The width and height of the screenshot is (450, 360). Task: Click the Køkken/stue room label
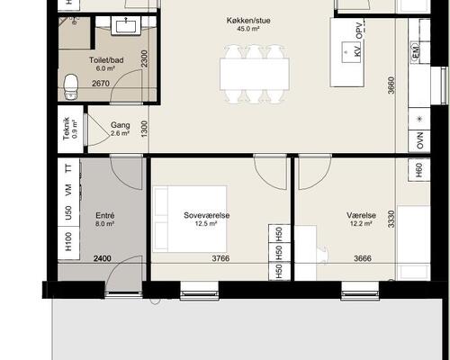tap(248, 21)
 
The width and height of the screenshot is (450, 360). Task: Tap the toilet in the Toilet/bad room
tap(71, 87)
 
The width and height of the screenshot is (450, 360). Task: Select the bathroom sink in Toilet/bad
tap(126, 25)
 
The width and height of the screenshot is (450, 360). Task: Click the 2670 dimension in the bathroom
tap(101, 83)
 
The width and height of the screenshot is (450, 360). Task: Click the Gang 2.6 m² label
tap(121, 129)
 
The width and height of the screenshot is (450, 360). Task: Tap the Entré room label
tap(105, 215)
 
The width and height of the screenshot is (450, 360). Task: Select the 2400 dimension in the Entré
tap(103, 258)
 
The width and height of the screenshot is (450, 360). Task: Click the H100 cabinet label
tap(68, 241)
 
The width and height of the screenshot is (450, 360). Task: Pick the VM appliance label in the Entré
tap(68, 190)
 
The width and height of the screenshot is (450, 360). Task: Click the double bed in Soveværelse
tap(190, 219)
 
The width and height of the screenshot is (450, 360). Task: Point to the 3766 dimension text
tap(220, 258)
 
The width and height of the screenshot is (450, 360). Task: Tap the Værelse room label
tap(361, 215)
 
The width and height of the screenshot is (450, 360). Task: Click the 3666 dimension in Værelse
tap(363, 258)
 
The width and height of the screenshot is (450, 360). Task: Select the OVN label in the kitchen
tap(420, 140)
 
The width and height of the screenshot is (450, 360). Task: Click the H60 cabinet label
tap(419, 170)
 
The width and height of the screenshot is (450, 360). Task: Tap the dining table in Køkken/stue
tap(255, 74)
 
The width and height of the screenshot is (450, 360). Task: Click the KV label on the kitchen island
tap(357, 52)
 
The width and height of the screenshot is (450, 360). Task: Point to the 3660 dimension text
tap(391, 85)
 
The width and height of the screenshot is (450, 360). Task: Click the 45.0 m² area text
tap(248, 29)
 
